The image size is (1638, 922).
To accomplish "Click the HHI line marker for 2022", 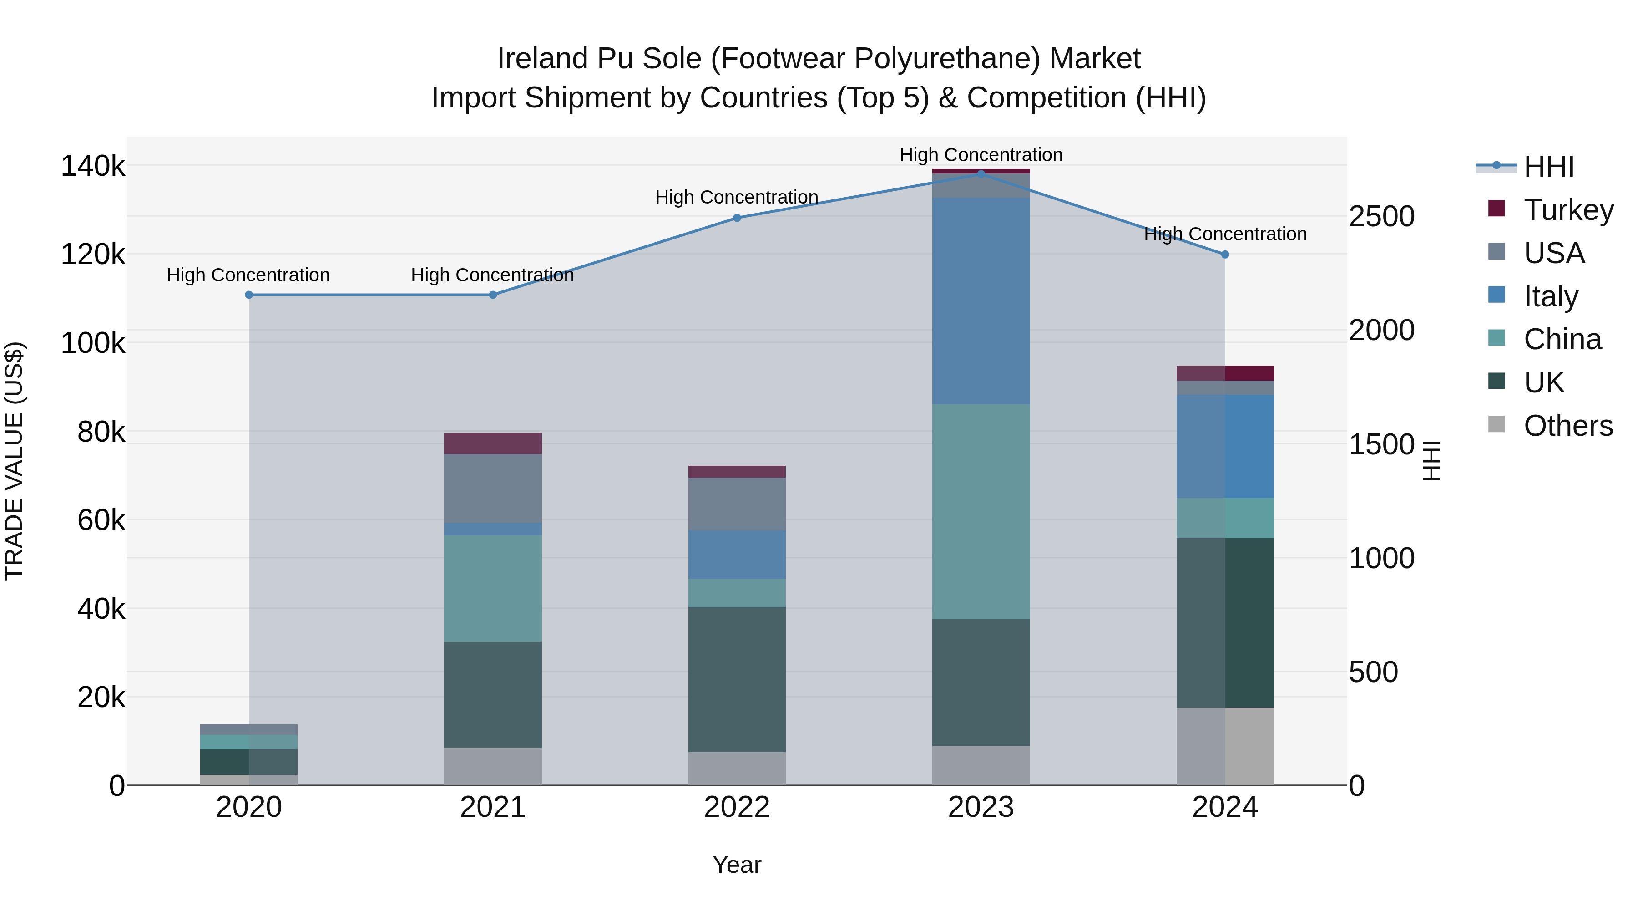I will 737,218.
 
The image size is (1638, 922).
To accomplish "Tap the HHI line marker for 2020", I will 248,295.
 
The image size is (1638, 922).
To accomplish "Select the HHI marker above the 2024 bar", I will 1225,255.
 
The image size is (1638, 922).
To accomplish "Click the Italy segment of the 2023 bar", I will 981,301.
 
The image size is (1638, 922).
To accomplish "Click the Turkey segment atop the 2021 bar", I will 492,443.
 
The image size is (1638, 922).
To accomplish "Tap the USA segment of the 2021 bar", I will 492,488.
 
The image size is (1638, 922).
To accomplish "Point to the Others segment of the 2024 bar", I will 1225,746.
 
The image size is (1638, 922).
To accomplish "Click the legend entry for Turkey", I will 1568,210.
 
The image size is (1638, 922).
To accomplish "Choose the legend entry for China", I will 1562,339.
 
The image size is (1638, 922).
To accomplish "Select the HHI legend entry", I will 1548,167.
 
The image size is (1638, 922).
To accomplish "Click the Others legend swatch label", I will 1567,426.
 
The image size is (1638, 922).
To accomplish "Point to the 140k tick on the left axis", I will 93,167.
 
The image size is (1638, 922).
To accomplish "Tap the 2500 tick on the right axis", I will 1381,216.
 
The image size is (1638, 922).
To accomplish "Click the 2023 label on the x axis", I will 981,807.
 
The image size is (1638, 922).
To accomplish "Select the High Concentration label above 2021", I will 492,275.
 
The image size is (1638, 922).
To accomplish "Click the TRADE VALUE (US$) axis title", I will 14,461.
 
